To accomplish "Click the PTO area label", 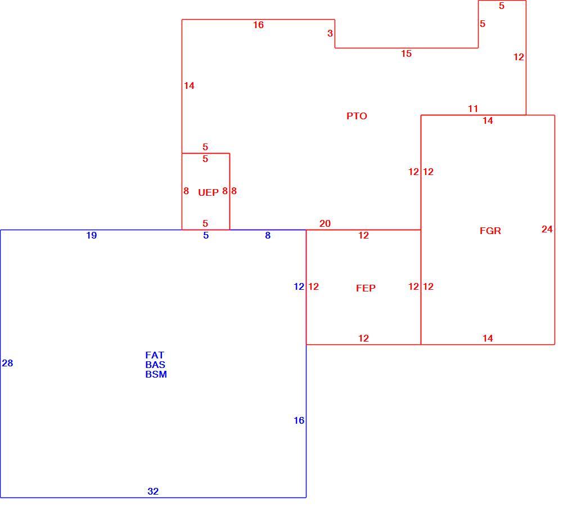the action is [357, 116].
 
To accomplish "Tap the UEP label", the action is [208, 192].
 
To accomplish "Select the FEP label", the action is [366, 288].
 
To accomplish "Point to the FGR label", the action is [490, 231].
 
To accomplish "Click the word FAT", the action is [155, 355].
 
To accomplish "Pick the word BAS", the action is [155, 365].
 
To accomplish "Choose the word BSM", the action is [156, 374].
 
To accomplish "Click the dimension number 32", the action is [153, 491].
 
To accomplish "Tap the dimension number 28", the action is [7, 363].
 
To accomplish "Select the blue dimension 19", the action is [92, 236].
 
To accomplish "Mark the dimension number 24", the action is [547, 229].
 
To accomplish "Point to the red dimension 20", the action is [325, 223].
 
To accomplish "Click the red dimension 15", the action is [407, 53].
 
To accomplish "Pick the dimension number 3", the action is [330, 33].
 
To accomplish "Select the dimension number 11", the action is [473, 109].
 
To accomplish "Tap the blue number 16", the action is [299, 420].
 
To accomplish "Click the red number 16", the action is [258, 25].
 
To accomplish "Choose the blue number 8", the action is [268, 236].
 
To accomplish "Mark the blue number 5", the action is [206, 236].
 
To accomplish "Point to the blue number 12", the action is [299, 286].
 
